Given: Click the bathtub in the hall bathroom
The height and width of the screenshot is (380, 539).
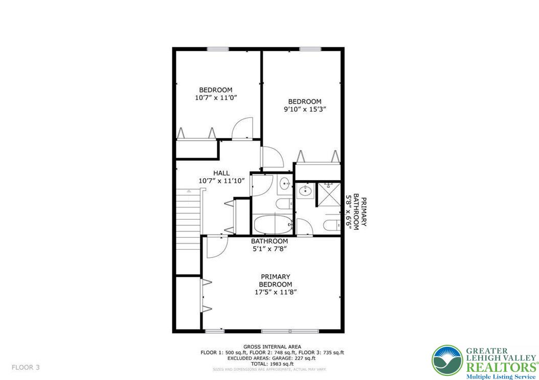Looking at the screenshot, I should coord(273,223).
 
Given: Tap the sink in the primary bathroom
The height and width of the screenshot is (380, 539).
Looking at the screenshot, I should coord(305,191).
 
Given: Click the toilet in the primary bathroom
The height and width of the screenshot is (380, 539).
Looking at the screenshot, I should coord(330,225).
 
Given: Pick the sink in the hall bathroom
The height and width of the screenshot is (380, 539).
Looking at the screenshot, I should coord(284,184).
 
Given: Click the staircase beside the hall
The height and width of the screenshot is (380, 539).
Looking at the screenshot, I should coord(187,220).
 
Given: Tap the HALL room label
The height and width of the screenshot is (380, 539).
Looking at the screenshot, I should coord(221,173).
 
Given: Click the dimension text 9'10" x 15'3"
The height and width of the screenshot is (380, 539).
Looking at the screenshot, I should coord(305,109).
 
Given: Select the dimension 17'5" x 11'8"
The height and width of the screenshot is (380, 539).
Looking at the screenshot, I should coord(276,292).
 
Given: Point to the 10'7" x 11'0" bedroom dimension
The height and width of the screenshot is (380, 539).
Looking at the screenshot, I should coord(216,98).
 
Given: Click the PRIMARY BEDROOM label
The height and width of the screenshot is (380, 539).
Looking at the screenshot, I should coord(275,280).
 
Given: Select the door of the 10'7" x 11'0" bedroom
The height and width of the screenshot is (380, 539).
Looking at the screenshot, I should coord(241,128).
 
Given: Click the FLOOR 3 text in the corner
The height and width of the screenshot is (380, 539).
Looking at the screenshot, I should coord(26,367).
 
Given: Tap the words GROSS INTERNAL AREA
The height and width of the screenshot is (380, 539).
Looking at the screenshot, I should coord(272,347).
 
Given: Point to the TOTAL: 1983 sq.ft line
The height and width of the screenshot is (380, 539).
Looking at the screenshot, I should coord(272,364).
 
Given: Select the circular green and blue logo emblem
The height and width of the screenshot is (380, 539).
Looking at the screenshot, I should coord(447,361).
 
